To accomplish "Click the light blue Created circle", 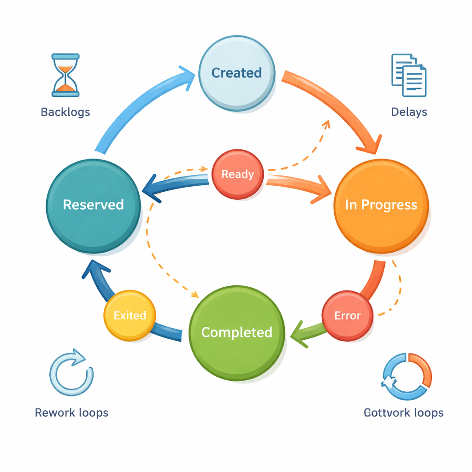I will point(236,73).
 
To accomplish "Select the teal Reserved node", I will point(93,205).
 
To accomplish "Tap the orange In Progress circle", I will point(381,206).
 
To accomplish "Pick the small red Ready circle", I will point(238,174).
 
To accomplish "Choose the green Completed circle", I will point(236,332).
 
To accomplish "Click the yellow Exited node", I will point(130,316).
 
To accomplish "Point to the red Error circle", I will point(347,316).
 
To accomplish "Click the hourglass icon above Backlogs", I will point(65,75).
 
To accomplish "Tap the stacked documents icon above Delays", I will point(409,75).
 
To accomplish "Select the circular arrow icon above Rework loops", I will point(71,374).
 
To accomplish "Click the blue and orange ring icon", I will point(407,376).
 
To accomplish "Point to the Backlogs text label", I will point(65,112).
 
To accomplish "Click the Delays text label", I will point(409,112).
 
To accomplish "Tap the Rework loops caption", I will point(71,412).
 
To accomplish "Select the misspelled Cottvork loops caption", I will point(403,412).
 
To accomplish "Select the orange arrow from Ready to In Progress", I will point(300,184).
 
